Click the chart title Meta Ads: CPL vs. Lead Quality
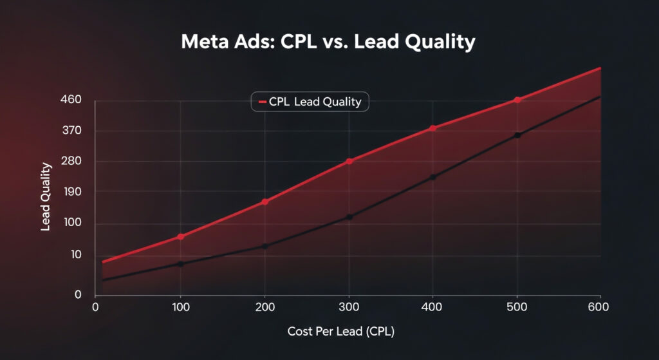tap(328, 43)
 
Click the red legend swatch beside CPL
tap(262, 102)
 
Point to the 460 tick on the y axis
tap(71, 100)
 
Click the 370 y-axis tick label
tap(71, 131)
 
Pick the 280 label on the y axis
tap(71, 161)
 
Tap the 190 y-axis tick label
tap(71, 192)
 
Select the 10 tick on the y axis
tap(76, 255)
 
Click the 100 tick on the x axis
tap(181, 307)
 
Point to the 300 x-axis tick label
tap(348, 307)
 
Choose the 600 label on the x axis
tap(599, 307)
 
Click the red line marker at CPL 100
tap(181, 236)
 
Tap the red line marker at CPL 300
tap(349, 161)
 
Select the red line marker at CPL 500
tap(517, 100)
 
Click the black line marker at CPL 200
tap(265, 246)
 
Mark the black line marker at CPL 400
tap(433, 177)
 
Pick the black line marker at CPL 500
tap(517, 135)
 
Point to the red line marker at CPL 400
tap(433, 128)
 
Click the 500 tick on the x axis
tap(516, 307)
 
